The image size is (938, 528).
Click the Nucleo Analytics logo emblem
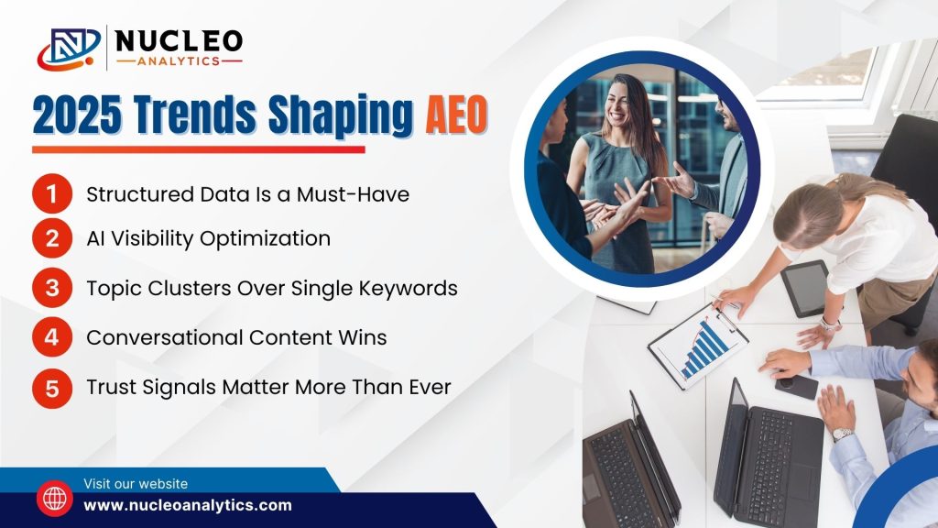[x=69, y=48]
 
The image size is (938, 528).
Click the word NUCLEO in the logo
[x=179, y=41]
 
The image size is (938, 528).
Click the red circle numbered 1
[x=52, y=193]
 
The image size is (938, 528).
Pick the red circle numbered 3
[x=52, y=287]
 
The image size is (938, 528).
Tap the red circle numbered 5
[x=52, y=388]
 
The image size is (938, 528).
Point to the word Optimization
[x=265, y=239]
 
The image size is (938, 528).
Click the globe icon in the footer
[x=55, y=498]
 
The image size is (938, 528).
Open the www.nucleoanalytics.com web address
[x=188, y=505]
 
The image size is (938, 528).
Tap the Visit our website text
[x=136, y=484]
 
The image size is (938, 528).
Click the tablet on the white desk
[x=806, y=288]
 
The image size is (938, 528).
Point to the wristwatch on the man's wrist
[x=842, y=434]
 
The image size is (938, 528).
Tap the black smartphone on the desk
[x=797, y=386]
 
